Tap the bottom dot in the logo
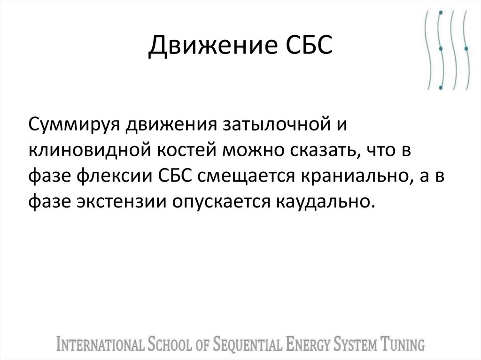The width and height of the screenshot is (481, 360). [440, 87]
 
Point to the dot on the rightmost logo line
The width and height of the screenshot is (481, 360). [465, 48]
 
